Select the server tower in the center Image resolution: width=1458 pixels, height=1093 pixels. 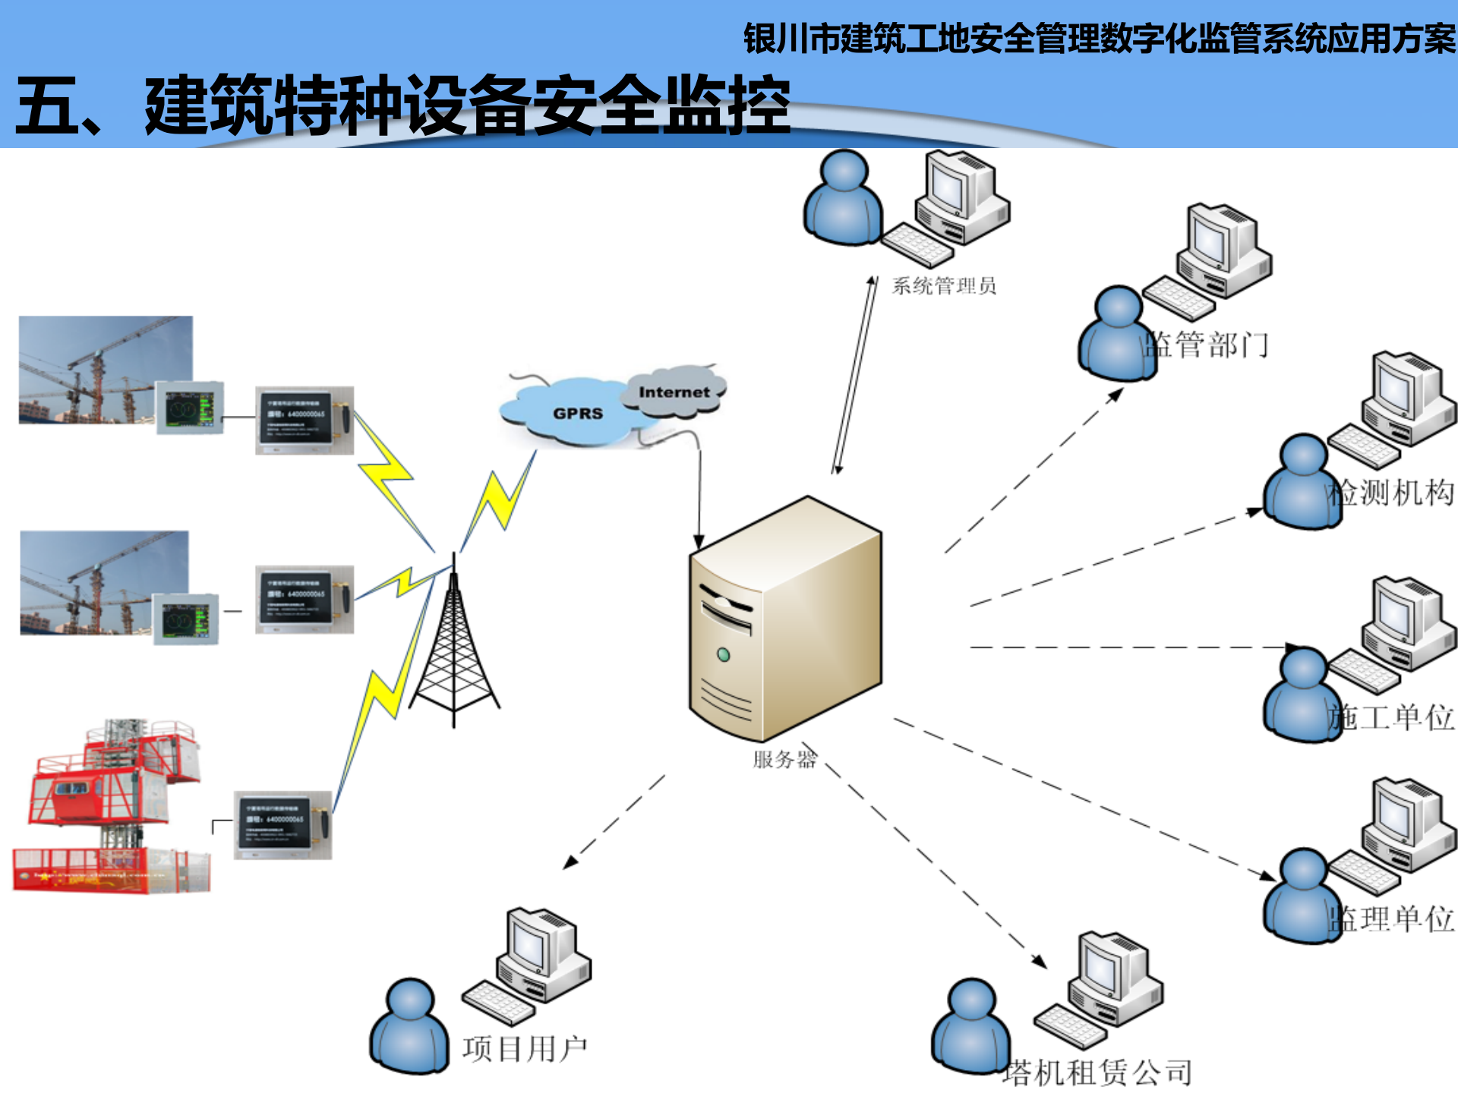coord(785,619)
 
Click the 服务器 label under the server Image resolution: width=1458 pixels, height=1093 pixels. coord(784,759)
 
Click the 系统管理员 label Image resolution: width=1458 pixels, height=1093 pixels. coord(943,286)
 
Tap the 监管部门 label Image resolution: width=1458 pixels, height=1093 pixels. coord(1207,345)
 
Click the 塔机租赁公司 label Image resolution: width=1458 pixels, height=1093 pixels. coord(1097,1073)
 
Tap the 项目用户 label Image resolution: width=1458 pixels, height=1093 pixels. coord(525,1049)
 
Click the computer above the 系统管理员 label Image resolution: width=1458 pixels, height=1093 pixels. coord(961,201)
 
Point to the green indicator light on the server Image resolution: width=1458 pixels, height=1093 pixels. coord(724,654)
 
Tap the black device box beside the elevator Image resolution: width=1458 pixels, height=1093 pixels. coord(282,825)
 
